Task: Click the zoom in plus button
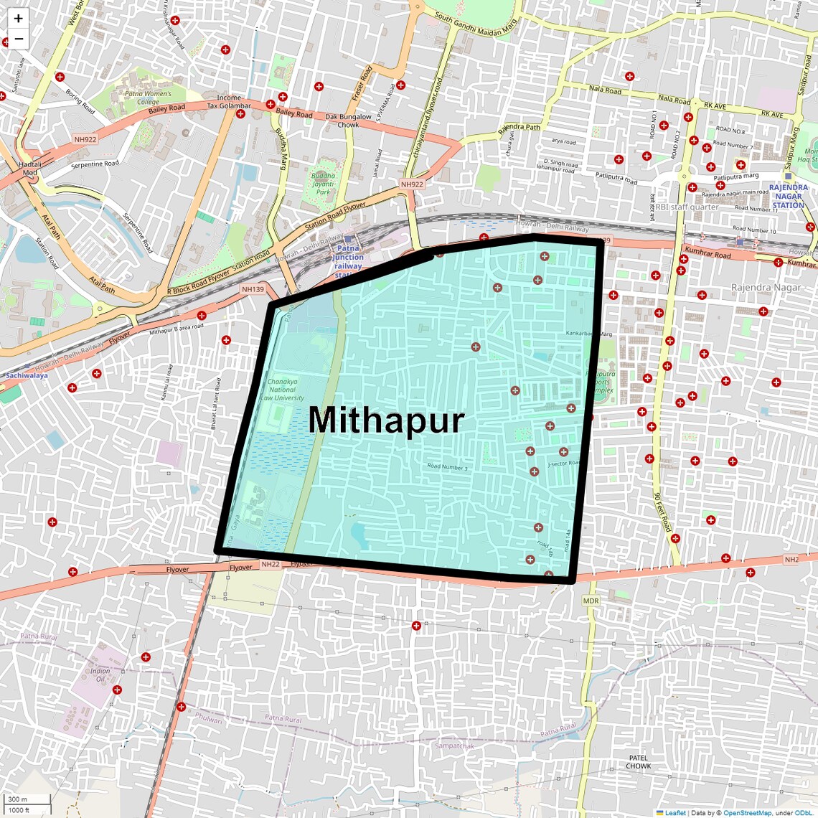(x=19, y=19)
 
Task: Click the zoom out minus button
(x=19, y=39)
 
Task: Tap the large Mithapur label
(x=386, y=420)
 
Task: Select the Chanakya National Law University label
(x=282, y=390)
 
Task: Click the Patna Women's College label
(x=148, y=98)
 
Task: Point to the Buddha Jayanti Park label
(x=323, y=184)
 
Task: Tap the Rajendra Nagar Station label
(x=788, y=196)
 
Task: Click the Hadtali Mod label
(x=29, y=168)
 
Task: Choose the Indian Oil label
(x=100, y=675)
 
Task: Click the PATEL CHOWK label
(x=638, y=761)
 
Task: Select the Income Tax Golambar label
(x=229, y=101)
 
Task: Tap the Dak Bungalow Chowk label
(x=348, y=121)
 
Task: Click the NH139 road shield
(x=253, y=289)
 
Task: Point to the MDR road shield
(x=591, y=601)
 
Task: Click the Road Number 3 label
(x=447, y=467)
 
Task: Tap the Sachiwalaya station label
(x=27, y=375)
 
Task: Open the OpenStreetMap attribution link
(x=746, y=813)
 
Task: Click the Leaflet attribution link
(x=674, y=813)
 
